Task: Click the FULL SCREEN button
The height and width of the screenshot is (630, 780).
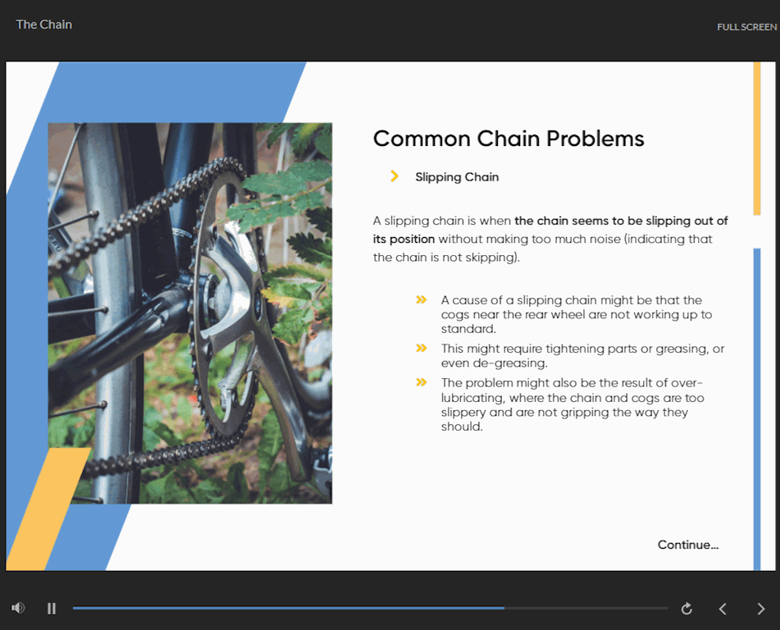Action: pos(746,27)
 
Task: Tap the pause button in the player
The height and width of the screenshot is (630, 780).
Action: pos(51,608)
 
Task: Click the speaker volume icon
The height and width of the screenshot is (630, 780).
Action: pos(18,608)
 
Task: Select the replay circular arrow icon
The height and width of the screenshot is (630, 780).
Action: pos(686,608)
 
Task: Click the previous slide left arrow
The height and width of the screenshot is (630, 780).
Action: pos(723,609)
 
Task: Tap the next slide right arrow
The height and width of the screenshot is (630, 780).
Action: pos(760,609)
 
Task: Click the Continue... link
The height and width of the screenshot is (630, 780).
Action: pos(688,545)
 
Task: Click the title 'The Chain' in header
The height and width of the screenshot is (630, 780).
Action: pos(43,25)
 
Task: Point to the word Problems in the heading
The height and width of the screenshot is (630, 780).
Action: pos(595,139)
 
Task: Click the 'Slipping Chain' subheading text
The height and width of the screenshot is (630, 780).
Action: pos(457,177)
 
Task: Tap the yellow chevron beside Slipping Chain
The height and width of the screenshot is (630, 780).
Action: pos(395,176)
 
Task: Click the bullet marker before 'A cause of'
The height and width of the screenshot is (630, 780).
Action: pos(422,299)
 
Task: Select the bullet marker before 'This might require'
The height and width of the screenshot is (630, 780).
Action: pos(422,348)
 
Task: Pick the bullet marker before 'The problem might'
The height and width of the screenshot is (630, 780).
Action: pos(422,382)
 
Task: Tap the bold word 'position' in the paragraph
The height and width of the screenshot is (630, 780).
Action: pos(412,240)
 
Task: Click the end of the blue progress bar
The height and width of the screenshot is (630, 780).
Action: pos(504,608)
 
